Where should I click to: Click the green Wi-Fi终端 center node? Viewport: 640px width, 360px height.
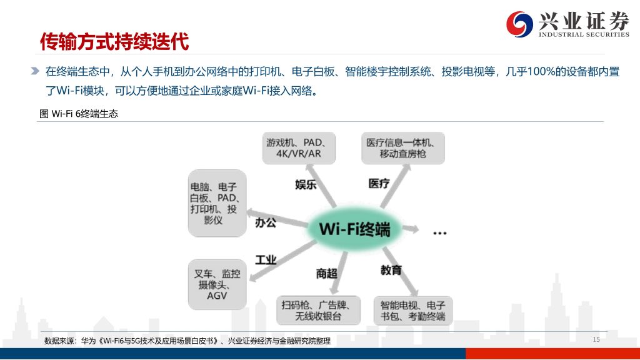point(354,229)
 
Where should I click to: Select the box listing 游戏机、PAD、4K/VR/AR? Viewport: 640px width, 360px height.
point(299,148)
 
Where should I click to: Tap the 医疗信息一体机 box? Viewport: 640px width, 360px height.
point(403,148)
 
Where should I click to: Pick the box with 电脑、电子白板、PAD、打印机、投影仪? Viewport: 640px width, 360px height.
point(217,203)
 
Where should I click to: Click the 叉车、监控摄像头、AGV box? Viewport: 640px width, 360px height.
point(217,284)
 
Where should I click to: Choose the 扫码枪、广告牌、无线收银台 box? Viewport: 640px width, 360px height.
point(318,310)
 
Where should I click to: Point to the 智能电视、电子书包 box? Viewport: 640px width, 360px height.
point(413,311)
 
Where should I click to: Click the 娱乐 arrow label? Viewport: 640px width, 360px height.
point(306,184)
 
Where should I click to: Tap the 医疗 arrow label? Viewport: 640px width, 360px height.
point(379,184)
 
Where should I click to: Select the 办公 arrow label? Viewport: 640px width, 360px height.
point(265,223)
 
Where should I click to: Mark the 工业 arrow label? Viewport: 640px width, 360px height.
point(266,260)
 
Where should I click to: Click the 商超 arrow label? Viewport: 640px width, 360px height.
point(326,274)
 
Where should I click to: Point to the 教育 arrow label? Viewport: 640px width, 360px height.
point(391,270)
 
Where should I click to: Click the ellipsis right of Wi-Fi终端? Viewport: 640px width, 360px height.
point(439,233)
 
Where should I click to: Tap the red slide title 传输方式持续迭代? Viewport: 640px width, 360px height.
point(114,42)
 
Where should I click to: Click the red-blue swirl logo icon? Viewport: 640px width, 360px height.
point(519,24)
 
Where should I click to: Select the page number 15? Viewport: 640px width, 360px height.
point(596,339)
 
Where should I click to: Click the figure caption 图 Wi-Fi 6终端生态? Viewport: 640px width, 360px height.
point(79,114)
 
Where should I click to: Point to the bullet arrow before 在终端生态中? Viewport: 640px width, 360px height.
point(35,71)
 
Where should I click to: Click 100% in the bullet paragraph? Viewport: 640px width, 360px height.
point(541,72)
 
